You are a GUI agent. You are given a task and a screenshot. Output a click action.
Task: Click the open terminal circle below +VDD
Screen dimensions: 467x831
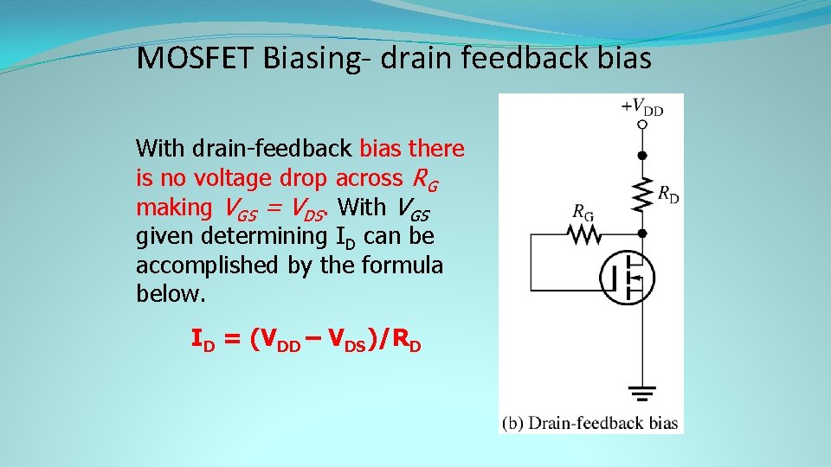(641, 125)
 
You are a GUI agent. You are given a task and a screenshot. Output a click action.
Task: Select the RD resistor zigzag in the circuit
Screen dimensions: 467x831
(641, 195)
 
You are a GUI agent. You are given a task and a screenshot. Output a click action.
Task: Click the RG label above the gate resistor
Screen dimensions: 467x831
(583, 211)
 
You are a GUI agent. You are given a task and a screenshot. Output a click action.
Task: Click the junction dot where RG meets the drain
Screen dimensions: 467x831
(641, 233)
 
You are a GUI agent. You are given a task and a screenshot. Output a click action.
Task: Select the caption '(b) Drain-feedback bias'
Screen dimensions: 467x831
(590, 423)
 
